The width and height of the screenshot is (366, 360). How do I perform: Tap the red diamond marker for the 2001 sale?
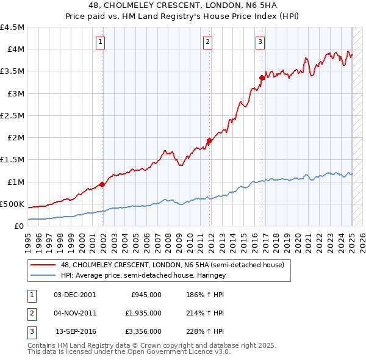coord(102,184)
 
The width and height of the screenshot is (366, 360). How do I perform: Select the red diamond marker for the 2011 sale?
coord(209,140)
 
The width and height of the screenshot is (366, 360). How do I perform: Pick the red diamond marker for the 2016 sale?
coord(262,77)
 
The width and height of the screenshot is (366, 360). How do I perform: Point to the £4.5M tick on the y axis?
coord(12,27)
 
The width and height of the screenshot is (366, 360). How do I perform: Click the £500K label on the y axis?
coord(12,204)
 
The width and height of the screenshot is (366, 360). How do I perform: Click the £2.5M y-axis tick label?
coord(12,115)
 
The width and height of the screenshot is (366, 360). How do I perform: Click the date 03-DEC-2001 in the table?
coord(75,294)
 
